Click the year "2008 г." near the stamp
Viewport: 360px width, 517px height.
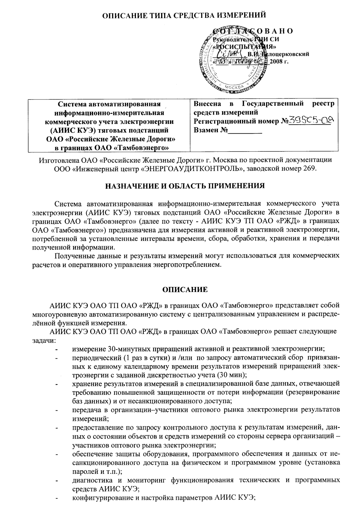tap(279, 62)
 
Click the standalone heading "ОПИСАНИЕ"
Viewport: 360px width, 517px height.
tap(185, 290)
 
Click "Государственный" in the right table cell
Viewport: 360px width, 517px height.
tap(272, 104)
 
